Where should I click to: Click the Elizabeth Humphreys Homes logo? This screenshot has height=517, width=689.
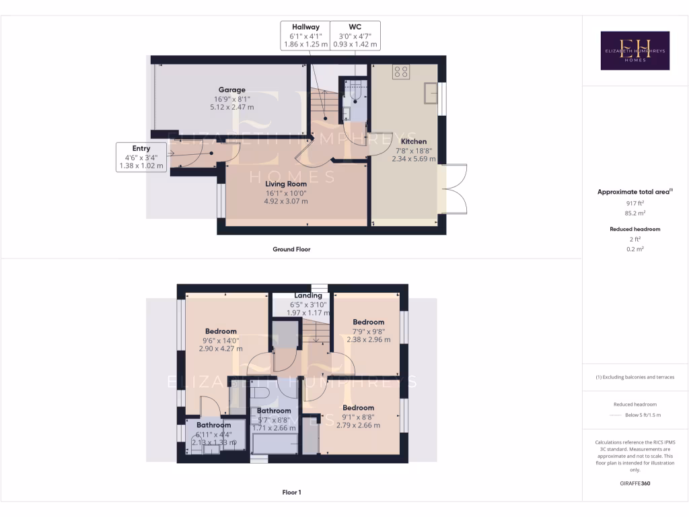634,50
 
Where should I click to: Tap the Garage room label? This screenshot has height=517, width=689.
231,90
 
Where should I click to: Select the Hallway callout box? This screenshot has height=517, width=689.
305,35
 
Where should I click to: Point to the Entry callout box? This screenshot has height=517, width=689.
141,157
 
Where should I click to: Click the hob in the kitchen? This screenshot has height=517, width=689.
401,71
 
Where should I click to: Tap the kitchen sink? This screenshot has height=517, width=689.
431,93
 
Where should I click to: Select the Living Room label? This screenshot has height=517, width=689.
285,183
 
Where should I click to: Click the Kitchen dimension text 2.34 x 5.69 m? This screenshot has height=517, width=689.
414,160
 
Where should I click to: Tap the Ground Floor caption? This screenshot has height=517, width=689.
291,249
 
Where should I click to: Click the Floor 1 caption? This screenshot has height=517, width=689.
291,492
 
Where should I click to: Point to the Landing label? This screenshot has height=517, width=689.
308,296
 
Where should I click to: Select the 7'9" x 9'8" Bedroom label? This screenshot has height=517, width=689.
368,322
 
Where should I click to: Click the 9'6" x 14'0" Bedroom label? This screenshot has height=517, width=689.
221,331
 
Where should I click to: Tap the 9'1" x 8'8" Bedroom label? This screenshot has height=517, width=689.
358,407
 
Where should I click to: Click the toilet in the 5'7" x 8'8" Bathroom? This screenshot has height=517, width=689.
261,392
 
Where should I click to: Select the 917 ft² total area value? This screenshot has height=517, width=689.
632,203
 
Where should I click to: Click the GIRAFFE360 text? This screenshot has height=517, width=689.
634,483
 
